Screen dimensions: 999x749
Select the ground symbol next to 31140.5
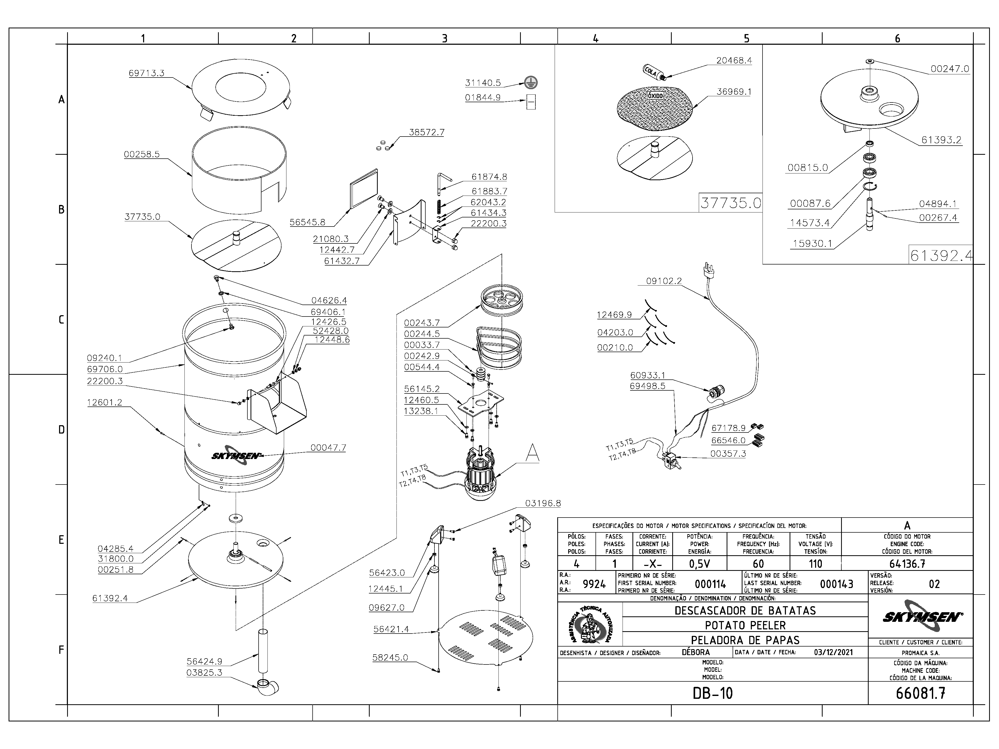pos(531,83)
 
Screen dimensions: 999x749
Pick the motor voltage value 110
pos(816,564)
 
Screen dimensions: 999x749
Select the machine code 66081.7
pos(920,693)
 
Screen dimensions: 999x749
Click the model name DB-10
pos(713,693)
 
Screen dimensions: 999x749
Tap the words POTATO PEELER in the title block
pos(745,625)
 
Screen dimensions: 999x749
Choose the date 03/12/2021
pos(833,652)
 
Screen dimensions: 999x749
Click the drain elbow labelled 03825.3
pos(267,687)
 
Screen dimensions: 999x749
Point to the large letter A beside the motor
pos(533,452)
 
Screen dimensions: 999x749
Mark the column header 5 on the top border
pos(747,39)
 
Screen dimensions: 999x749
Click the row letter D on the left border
pos(61,430)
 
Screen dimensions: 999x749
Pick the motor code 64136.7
pos(907,564)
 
